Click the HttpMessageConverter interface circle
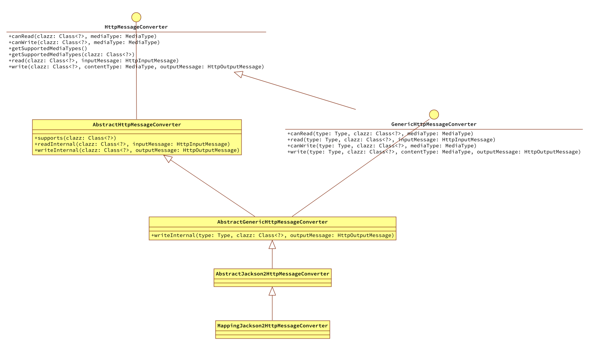(x=136, y=17)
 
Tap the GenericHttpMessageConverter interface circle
(x=434, y=114)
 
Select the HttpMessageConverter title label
(x=136, y=27)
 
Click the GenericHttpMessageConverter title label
(x=434, y=124)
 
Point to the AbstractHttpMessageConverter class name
(x=137, y=125)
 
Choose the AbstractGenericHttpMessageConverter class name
(x=272, y=222)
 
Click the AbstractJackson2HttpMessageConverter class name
(x=272, y=274)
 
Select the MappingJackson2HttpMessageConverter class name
(x=272, y=326)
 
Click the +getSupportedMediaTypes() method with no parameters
(x=48, y=48)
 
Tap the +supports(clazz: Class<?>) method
(x=75, y=138)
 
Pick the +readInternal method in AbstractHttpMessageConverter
(x=132, y=144)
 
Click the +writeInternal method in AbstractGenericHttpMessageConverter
(x=272, y=235)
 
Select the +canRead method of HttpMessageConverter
(x=82, y=36)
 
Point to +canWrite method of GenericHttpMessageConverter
(x=382, y=146)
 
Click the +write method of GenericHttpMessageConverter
(x=434, y=152)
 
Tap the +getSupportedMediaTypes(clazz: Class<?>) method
(x=71, y=54)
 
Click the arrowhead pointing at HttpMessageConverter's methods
(x=239, y=74)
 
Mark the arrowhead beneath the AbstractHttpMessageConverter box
(x=168, y=159)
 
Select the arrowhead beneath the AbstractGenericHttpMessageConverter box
(x=272, y=244)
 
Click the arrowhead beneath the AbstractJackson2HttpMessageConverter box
(x=272, y=291)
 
